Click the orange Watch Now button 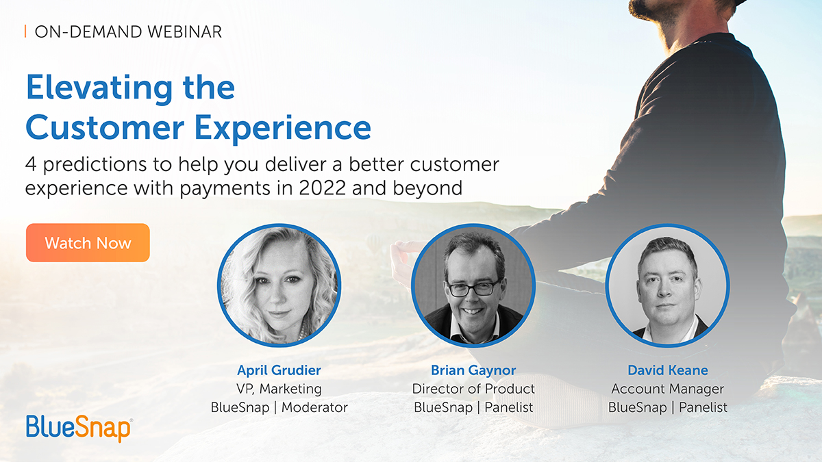point(88,243)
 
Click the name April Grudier point(279,370)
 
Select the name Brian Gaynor point(473,370)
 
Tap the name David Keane point(667,370)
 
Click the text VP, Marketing point(279,389)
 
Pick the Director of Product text point(473,389)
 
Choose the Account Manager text point(667,389)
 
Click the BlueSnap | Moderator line point(279,407)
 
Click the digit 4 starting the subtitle point(31,165)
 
